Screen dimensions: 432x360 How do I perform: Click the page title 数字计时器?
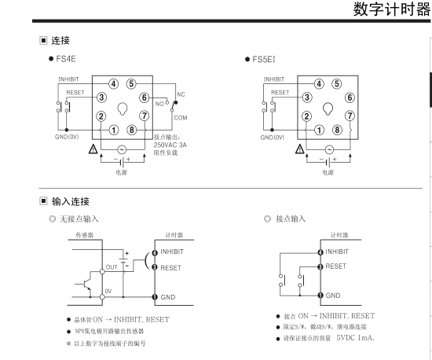(x=391, y=9)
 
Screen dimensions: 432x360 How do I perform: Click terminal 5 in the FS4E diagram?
(x=131, y=83)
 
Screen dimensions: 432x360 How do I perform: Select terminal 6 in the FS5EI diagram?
(x=350, y=97)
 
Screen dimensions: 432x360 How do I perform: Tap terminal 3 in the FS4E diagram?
(x=101, y=97)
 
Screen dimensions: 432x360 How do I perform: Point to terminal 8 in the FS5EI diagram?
(x=337, y=130)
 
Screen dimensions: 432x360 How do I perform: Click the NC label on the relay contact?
(x=181, y=94)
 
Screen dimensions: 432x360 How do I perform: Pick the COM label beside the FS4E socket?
(x=181, y=118)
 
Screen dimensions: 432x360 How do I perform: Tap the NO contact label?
(x=159, y=104)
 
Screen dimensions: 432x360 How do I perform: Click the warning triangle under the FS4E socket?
(x=93, y=149)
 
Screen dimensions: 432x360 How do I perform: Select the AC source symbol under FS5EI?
(x=329, y=149)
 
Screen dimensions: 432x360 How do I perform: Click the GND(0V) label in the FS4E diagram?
(x=67, y=137)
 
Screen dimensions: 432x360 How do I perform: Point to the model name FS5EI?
(x=264, y=59)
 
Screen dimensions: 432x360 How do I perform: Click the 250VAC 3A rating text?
(x=170, y=145)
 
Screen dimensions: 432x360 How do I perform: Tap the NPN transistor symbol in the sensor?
(x=86, y=284)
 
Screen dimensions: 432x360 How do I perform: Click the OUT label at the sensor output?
(x=112, y=267)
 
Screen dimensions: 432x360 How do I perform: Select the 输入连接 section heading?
(x=71, y=201)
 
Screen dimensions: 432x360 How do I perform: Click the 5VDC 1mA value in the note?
(x=355, y=338)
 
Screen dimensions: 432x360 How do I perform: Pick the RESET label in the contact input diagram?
(x=335, y=266)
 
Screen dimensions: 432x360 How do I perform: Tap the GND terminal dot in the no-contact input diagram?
(x=155, y=297)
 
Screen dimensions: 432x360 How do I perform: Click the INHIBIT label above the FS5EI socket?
(x=274, y=79)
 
